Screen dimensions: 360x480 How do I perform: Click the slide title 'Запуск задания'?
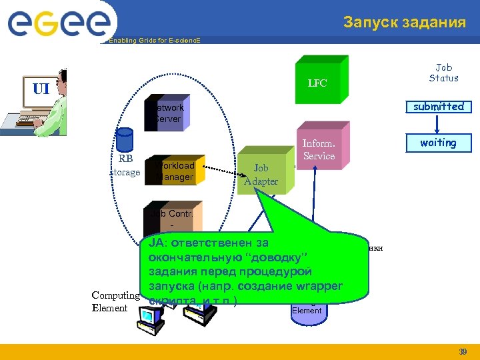[x=405, y=23]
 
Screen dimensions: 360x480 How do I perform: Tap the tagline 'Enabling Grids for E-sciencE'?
[x=153, y=41]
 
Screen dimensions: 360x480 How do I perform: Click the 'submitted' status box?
[x=438, y=107]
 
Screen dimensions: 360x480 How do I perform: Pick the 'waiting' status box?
[x=438, y=143]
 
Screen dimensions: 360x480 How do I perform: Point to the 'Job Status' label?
[x=443, y=73]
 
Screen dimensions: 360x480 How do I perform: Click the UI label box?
[x=41, y=89]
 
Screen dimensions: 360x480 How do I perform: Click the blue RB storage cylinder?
[x=124, y=141]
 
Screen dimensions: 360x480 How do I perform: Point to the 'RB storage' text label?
[x=125, y=166]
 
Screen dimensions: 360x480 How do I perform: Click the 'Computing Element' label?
[x=115, y=301]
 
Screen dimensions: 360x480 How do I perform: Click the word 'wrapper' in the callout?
[x=317, y=286]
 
